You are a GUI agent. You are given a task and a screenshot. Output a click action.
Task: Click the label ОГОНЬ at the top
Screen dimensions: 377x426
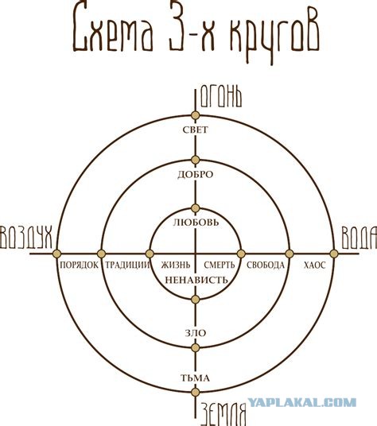221,98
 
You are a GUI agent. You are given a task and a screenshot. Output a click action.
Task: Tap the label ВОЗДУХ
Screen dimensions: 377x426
26,237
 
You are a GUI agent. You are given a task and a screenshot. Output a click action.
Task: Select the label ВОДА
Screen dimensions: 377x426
359,238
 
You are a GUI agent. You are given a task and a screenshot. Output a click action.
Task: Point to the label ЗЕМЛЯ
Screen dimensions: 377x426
223,414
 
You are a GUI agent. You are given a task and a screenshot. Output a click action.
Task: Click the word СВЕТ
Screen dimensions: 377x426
196,130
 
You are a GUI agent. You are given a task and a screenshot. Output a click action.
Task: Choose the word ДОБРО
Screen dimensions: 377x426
196,174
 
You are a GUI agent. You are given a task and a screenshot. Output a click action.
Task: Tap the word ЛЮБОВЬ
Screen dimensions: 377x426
196,223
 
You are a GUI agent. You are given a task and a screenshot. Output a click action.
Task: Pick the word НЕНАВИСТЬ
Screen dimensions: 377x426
196,280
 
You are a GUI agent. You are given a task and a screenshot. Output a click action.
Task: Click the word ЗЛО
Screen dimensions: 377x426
196,333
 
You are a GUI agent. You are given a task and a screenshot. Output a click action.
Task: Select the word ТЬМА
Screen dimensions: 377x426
195,378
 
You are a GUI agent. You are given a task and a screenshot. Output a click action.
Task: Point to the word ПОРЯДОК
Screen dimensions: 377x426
79,265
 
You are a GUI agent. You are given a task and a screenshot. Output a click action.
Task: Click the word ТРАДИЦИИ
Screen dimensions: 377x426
127,265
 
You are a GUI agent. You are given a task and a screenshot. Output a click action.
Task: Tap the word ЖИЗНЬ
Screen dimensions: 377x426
176,265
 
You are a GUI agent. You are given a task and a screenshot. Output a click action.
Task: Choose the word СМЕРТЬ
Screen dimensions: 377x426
219,265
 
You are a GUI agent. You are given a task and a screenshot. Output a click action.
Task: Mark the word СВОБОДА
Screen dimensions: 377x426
266,265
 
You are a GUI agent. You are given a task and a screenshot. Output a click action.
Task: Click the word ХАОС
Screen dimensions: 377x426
314,265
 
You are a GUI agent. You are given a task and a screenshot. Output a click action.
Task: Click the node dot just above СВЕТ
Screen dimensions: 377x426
195,115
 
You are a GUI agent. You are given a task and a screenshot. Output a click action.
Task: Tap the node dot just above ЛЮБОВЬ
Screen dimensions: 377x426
195,208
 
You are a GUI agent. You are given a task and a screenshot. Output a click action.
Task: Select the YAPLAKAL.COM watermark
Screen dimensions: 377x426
302,402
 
